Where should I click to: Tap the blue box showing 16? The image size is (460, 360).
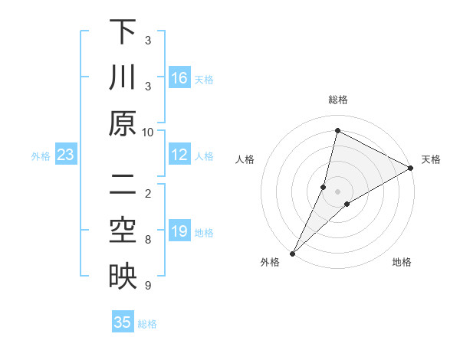179,78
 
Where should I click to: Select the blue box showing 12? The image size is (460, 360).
179,155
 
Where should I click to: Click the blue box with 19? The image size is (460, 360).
179,231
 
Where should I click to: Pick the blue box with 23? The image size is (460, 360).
65,155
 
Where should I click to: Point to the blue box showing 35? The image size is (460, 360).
123,322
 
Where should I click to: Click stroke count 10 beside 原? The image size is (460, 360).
148,132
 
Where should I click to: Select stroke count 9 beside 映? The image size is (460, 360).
148,285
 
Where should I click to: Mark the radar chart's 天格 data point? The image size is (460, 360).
410,169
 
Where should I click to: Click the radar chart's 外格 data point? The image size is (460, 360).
292,253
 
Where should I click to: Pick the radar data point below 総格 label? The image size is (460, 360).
337,130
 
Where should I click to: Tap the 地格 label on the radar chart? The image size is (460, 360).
402,263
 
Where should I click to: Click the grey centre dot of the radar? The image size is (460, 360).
337,191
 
